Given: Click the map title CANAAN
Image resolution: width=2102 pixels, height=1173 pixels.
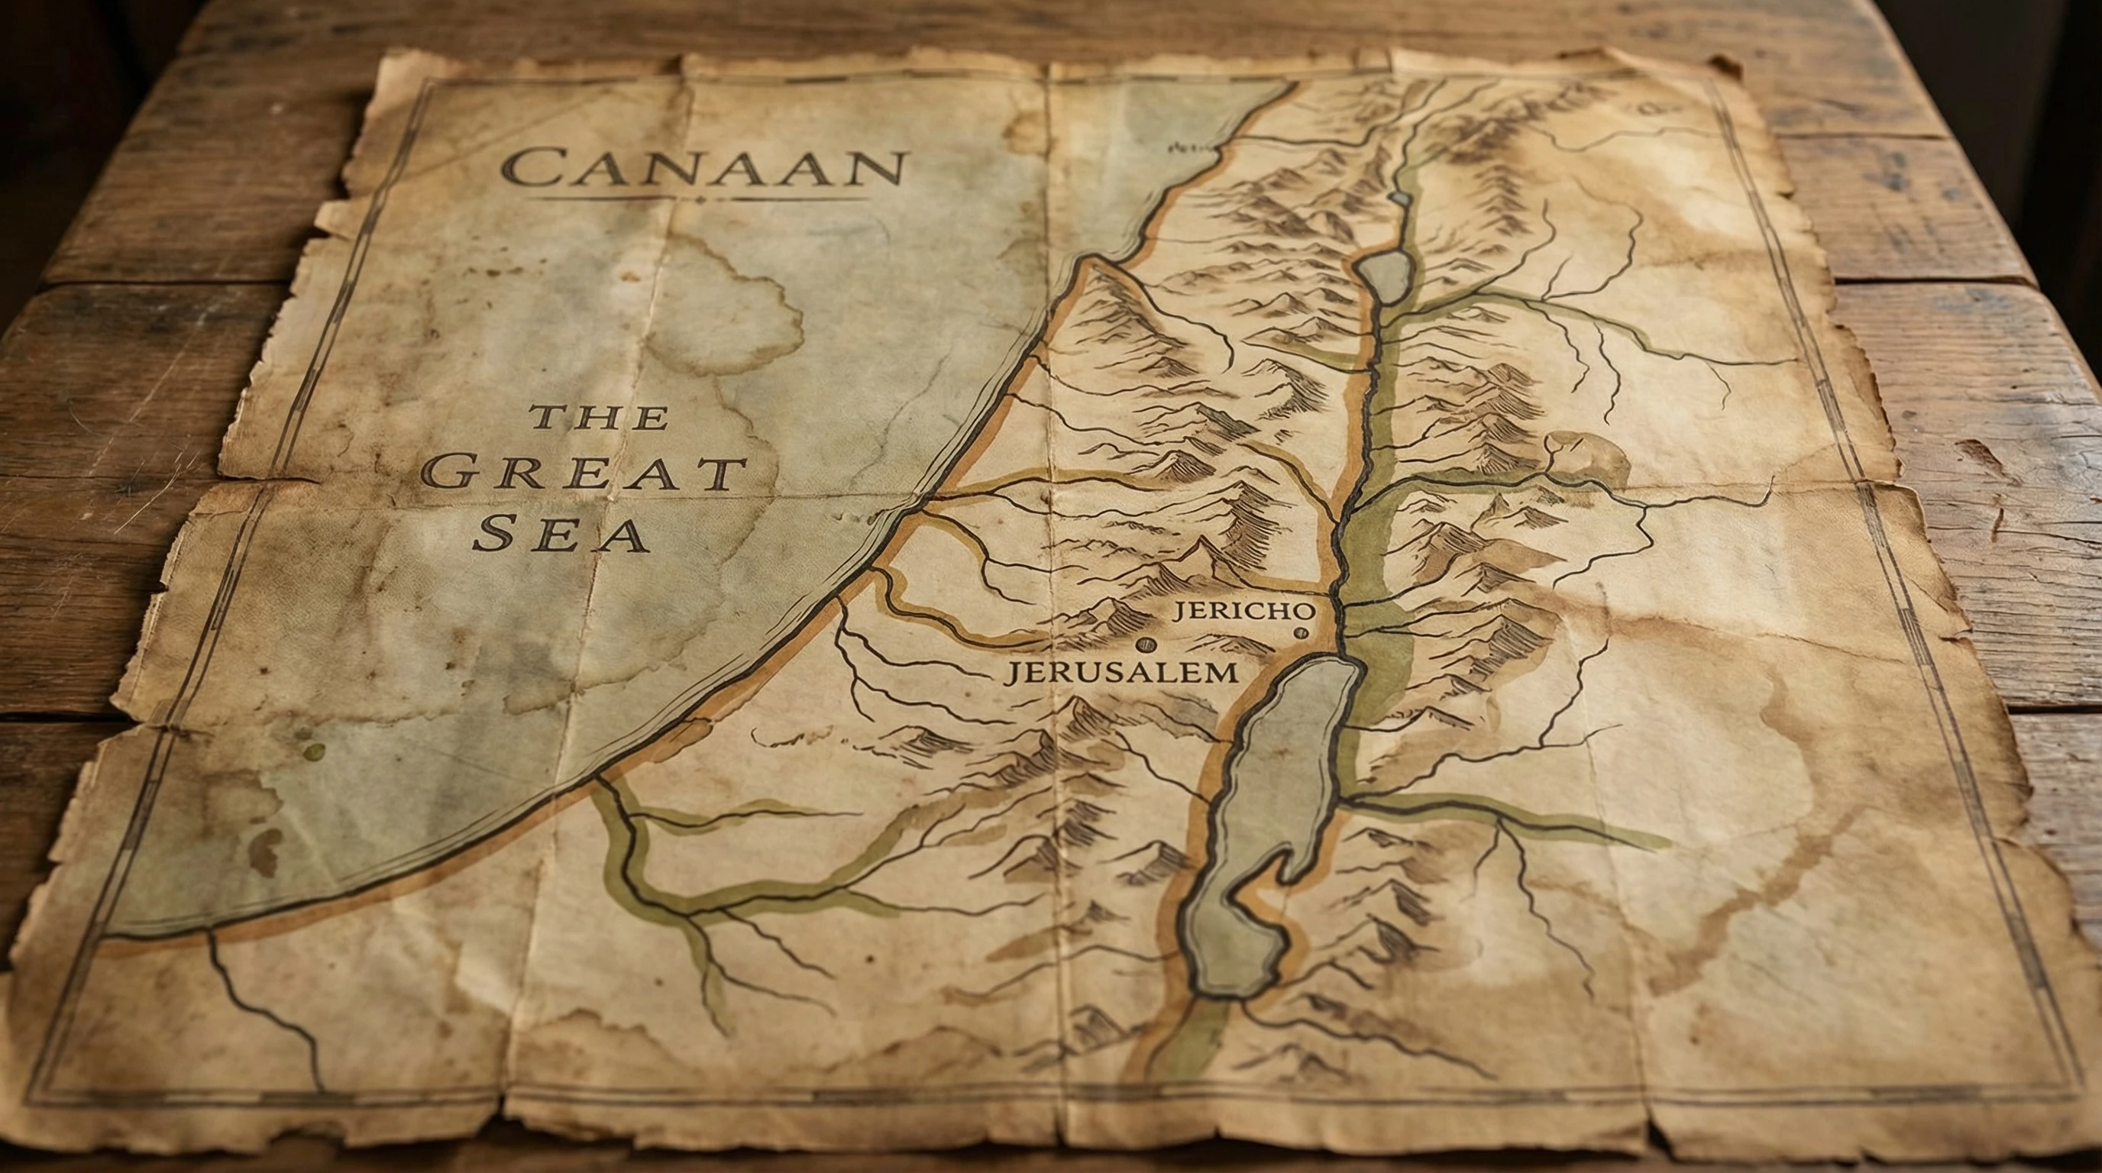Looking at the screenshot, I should coord(703,169).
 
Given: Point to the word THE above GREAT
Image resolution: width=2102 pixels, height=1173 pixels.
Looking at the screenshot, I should coord(600,418).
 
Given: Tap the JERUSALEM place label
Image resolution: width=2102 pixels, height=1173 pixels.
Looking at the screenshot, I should coord(1121,672).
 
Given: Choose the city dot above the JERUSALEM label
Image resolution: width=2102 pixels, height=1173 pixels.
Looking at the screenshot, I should coord(1145,645).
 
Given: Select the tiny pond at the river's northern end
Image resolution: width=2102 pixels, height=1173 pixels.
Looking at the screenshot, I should coord(1400,199).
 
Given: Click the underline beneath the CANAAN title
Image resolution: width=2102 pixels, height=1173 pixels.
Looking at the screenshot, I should coord(698,199).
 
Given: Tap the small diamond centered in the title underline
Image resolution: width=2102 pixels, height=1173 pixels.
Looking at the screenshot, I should coord(700,200).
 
